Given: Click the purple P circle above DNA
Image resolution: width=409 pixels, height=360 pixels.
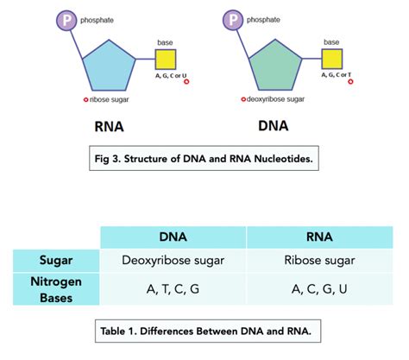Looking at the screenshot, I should tap(232, 19).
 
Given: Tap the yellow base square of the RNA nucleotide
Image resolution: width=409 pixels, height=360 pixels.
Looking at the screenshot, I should tap(166, 60).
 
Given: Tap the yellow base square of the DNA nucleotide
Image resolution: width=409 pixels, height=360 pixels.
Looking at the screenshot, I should tap(332, 60).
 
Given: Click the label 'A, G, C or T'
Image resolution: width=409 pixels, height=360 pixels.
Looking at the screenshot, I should tap(336, 76).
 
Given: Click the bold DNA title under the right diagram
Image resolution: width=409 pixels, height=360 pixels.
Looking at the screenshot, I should tap(274, 126).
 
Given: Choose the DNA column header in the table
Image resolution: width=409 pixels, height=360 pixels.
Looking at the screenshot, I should tap(173, 237).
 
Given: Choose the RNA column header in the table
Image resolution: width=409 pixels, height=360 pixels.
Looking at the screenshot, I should tap(320, 237).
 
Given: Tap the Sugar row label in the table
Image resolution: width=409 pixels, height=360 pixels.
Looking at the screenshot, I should tap(56, 260).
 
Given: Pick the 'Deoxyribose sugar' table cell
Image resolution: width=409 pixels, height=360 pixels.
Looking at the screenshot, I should tap(173, 260).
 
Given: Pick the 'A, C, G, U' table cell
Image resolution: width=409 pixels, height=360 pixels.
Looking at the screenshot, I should tap(320, 289).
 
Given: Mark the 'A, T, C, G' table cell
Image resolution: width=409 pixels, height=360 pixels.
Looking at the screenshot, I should tap(173, 289).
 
